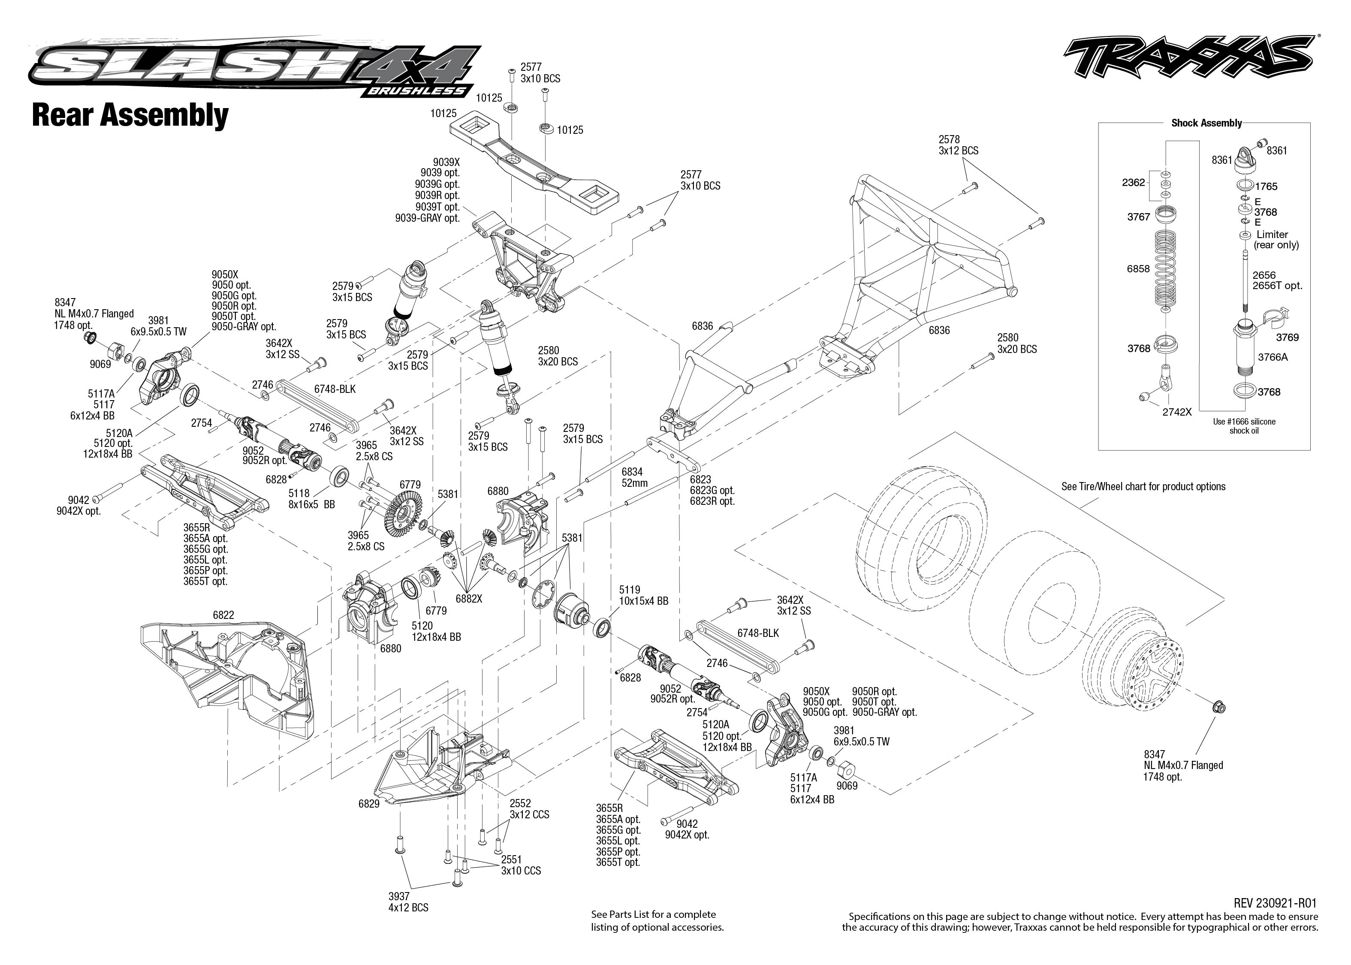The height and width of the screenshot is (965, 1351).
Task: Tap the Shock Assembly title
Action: point(1206,123)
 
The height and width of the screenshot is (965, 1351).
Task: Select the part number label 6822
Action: point(223,615)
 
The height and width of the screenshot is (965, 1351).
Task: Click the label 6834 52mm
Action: point(634,477)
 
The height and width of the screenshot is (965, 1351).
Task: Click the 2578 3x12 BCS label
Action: point(958,145)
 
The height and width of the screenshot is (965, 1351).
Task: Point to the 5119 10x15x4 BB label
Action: point(643,595)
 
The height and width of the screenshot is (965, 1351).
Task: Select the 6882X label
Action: point(469,599)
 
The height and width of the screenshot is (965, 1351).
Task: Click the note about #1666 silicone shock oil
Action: point(1243,426)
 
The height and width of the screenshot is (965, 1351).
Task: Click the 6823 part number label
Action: point(700,479)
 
